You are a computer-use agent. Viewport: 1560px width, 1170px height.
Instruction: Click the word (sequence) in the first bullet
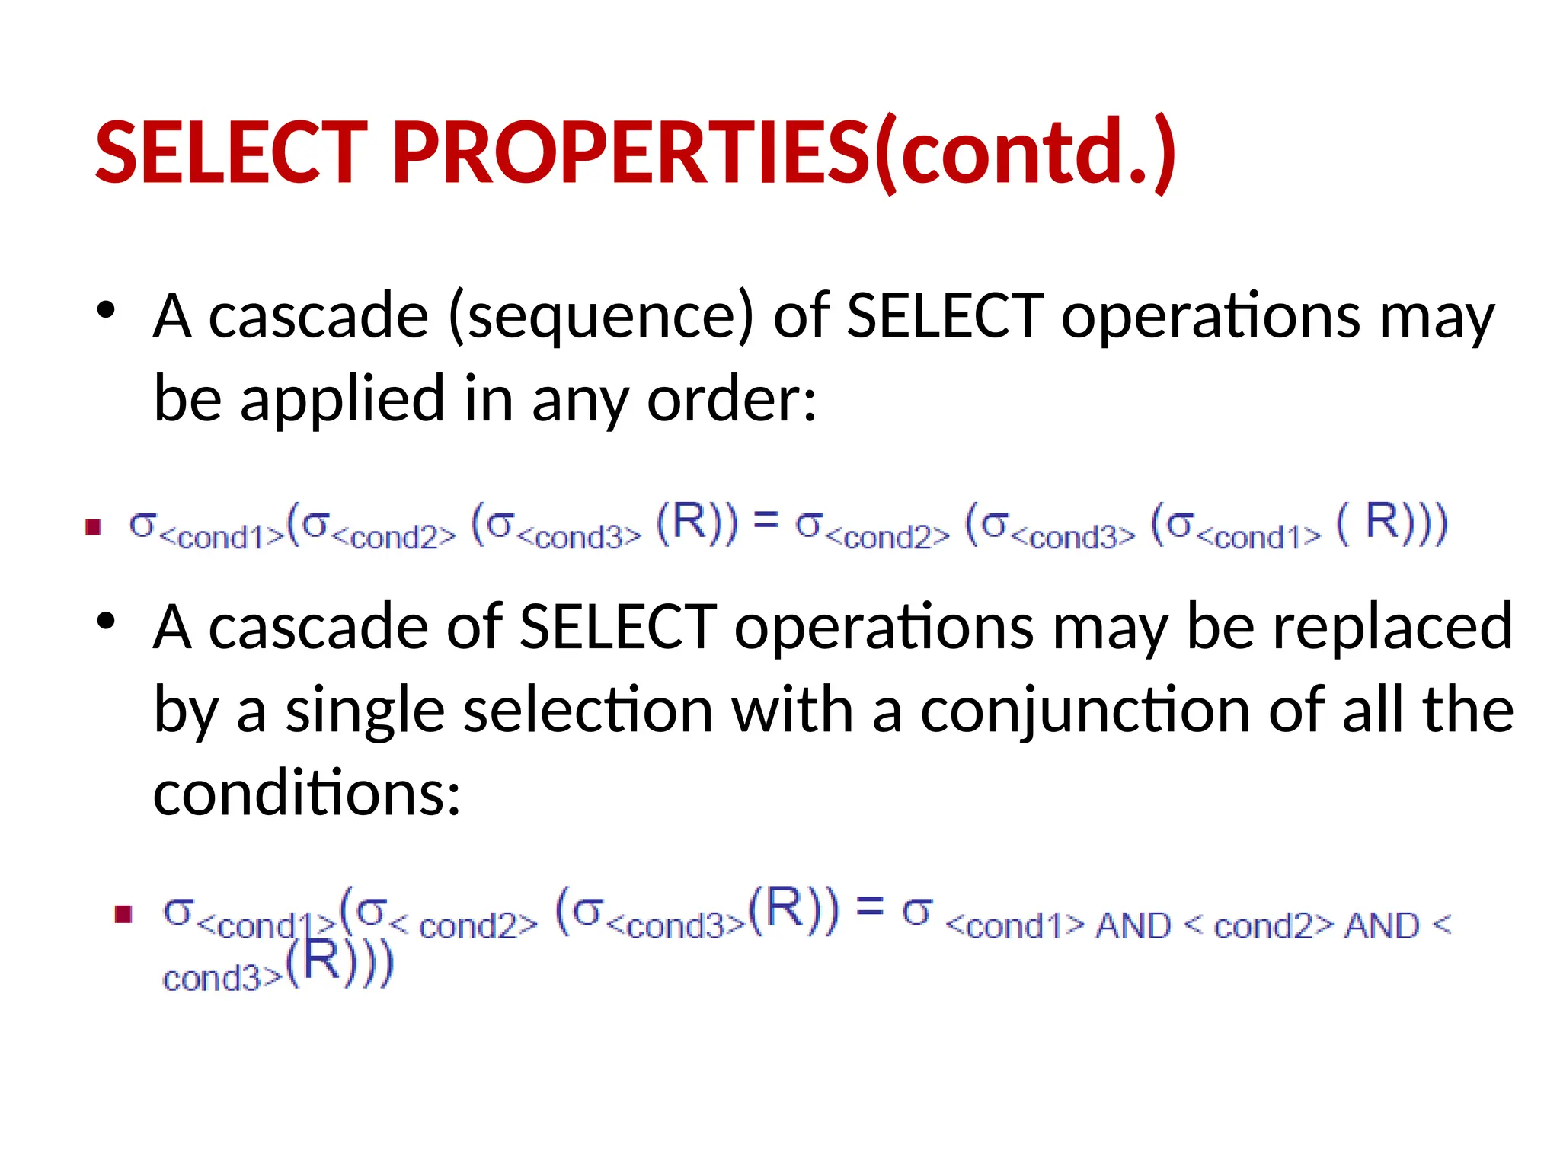click(x=601, y=316)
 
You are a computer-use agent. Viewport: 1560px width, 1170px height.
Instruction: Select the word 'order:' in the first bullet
click(x=731, y=399)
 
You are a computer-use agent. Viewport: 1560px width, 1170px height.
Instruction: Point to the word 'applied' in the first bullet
click(x=342, y=399)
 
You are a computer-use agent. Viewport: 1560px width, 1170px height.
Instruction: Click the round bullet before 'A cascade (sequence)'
click(x=106, y=310)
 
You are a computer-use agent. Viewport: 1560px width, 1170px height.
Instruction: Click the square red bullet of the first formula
click(x=94, y=527)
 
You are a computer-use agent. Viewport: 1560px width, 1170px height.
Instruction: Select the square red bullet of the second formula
click(x=123, y=913)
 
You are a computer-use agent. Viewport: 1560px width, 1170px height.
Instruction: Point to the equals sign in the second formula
click(x=870, y=906)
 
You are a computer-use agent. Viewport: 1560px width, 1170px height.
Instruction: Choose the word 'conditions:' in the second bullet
click(x=307, y=794)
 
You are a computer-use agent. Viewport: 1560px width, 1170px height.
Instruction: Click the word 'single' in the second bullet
click(x=365, y=711)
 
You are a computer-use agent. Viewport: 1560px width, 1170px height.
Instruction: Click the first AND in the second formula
click(x=1133, y=926)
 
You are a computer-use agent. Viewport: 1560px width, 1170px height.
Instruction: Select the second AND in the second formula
click(x=1382, y=926)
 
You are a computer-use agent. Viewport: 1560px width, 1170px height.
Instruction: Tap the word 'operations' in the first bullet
click(x=1210, y=316)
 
